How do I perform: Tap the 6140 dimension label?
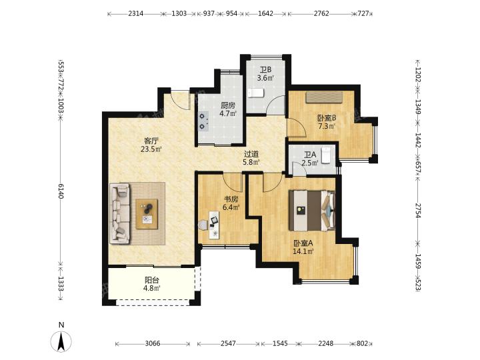tap(61, 191)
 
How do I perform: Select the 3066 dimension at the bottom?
tap(153, 343)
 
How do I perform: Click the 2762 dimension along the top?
tap(321, 13)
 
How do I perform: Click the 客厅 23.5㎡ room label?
tap(151, 145)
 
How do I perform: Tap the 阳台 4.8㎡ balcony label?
tap(152, 284)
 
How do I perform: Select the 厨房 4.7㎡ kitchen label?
tap(228, 109)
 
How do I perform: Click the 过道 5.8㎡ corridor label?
tap(251, 158)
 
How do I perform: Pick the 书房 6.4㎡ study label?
tap(231, 203)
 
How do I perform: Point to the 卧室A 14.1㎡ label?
tap(303, 247)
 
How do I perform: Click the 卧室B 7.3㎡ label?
tap(327, 121)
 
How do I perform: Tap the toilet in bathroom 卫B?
tap(255, 93)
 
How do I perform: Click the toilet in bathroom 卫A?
tap(326, 155)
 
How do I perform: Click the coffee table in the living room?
tap(147, 214)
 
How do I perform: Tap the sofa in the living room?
tap(120, 213)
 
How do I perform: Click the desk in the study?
tap(214, 225)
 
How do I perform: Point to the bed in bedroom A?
tap(312, 210)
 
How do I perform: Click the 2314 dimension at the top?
tap(135, 13)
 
